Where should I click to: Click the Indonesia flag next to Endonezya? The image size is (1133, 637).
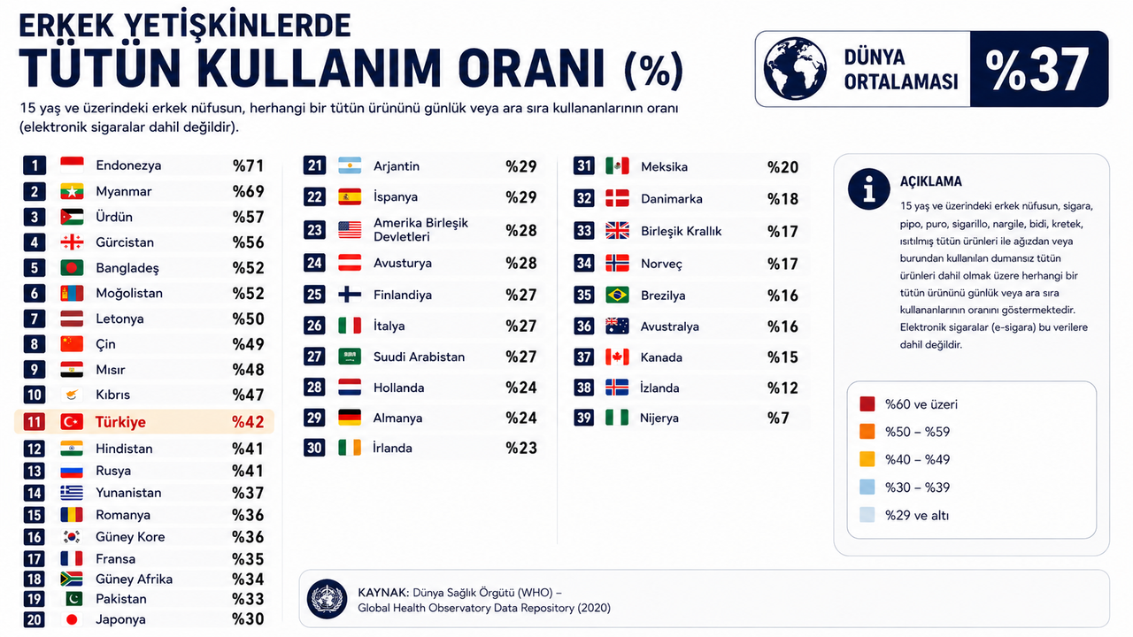(72, 165)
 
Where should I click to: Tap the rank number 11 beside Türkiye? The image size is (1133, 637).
(34, 422)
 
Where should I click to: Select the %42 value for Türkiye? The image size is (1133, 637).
(248, 422)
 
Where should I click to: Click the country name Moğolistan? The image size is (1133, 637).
(129, 293)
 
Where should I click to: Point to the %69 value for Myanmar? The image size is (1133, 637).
(248, 192)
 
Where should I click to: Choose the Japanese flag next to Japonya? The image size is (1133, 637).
(72, 619)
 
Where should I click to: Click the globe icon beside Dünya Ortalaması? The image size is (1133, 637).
(795, 69)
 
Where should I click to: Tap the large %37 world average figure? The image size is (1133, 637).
(1037, 69)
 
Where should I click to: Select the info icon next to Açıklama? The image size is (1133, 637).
(868, 189)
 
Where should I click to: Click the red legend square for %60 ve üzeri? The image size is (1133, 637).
(867, 404)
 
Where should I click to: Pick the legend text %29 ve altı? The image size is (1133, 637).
(916, 516)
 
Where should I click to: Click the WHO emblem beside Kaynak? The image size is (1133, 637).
(328, 599)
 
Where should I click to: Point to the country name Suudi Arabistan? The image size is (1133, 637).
(419, 357)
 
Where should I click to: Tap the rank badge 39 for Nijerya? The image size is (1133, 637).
(583, 418)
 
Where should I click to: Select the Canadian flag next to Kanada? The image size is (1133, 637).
(617, 357)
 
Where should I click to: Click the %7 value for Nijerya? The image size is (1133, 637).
(778, 418)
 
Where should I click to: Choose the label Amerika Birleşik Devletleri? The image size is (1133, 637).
(420, 230)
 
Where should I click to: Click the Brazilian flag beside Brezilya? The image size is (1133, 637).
(617, 295)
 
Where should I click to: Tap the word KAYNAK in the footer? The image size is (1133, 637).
(382, 593)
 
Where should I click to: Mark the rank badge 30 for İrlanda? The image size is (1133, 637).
(314, 448)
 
